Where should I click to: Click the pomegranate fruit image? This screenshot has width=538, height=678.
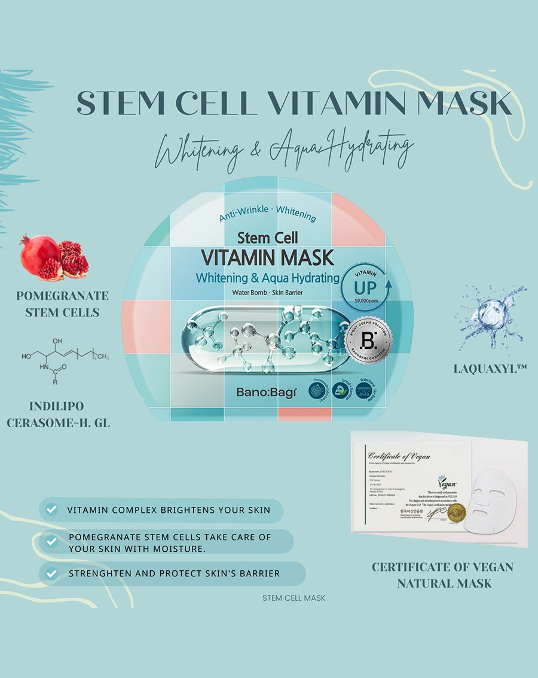point(54,258)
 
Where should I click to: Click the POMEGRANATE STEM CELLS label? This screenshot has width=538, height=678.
point(62,303)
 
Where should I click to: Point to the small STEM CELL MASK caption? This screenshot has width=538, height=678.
point(294,597)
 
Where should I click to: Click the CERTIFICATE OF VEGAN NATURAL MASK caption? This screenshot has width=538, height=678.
point(443,574)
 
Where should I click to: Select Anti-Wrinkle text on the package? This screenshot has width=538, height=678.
point(243,218)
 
